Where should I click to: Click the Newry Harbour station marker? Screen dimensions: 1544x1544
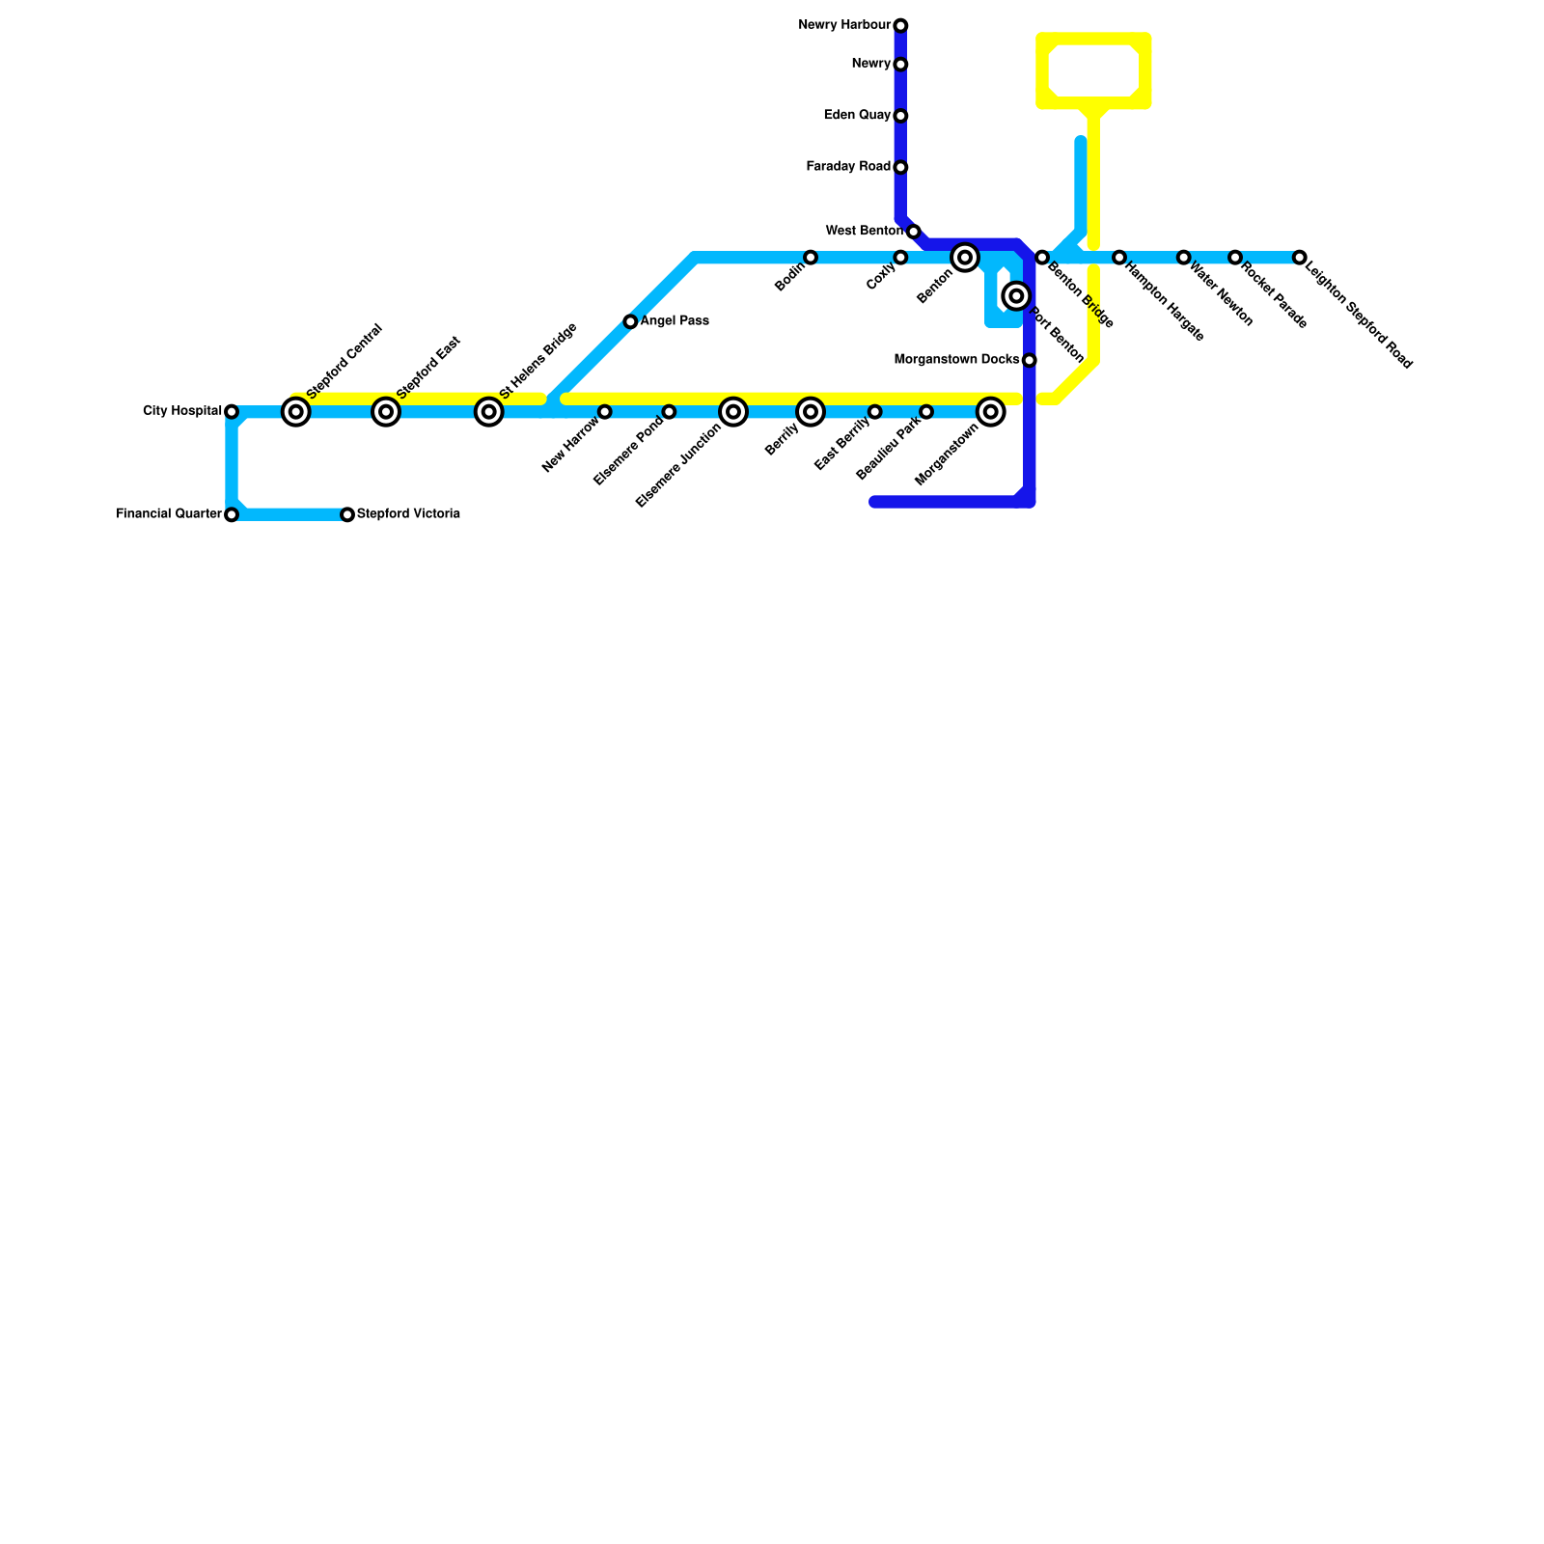pyautogui.click(x=900, y=25)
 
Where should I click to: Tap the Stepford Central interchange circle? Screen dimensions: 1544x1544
pyautogui.click(x=296, y=412)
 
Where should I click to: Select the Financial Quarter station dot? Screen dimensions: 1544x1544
pyautogui.click(x=232, y=515)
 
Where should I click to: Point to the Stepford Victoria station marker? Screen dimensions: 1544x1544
pyautogui.click(x=347, y=515)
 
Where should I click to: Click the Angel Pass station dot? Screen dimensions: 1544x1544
pyautogui.click(x=630, y=321)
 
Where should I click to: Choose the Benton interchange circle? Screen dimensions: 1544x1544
pyautogui.click(x=965, y=258)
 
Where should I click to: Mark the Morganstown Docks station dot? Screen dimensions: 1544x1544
pyautogui.click(x=1030, y=361)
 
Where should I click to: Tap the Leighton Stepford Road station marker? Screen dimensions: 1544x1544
pyautogui.click(x=1300, y=258)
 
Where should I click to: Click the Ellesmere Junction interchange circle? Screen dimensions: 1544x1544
pyautogui.click(x=733, y=412)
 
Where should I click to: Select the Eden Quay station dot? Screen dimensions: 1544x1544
pyautogui.click(x=900, y=116)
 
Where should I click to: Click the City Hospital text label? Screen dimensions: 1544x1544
pyautogui.click(x=182, y=411)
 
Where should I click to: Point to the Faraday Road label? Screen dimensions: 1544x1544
pyautogui.click(x=848, y=167)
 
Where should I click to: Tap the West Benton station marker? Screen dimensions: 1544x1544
pyautogui.click(x=914, y=232)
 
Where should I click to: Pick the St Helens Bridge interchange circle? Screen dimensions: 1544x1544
pyautogui.click(x=489, y=412)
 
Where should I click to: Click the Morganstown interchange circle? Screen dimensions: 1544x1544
pyautogui.click(x=991, y=412)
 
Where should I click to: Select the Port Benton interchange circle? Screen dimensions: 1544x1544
pyautogui.click(x=1016, y=296)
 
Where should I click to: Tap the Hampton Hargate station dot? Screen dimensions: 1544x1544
pyautogui.click(x=1119, y=258)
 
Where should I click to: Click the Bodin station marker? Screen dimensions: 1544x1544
pyautogui.click(x=811, y=258)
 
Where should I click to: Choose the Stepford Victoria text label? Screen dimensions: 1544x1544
pyautogui.click(x=408, y=514)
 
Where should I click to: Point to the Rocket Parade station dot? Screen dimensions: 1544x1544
pyautogui.click(x=1235, y=258)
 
